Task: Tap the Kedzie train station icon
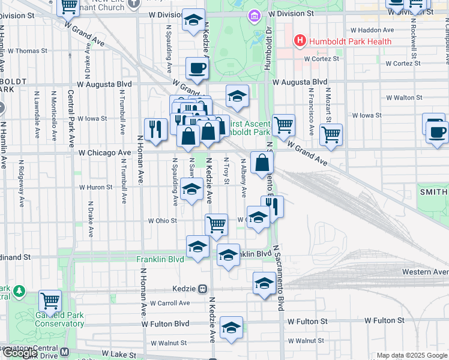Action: [x=203, y=289]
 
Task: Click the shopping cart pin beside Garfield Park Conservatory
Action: [x=50, y=299]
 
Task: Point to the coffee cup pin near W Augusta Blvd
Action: [x=196, y=68]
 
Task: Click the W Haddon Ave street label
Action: [x=372, y=30]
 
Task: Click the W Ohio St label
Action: [x=163, y=220]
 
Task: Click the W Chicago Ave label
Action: [x=104, y=153]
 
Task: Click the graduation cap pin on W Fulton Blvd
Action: [x=231, y=328]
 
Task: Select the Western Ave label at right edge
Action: [x=427, y=272]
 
